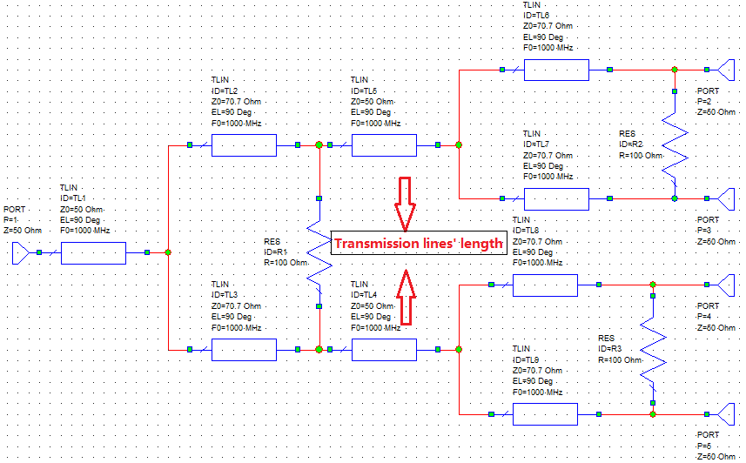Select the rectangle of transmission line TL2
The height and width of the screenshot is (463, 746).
click(x=244, y=144)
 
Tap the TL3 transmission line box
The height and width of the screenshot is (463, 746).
click(x=244, y=349)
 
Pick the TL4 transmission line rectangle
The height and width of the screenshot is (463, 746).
click(x=384, y=349)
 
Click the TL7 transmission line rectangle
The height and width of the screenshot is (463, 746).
click(x=556, y=198)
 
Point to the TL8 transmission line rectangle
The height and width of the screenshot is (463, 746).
click(x=545, y=285)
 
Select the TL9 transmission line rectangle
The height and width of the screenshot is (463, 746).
click(x=545, y=414)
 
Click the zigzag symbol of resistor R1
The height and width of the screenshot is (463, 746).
click(x=320, y=252)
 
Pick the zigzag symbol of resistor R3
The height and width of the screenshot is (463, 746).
click(x=652, y=349)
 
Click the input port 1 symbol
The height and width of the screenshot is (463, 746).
click(x=22, y=252)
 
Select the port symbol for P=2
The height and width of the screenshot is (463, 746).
click(x=728, y=70)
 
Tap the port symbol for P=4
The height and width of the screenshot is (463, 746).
click(x=728, y=285)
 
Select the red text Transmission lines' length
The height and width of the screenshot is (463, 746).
click(x=419, y=244)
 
